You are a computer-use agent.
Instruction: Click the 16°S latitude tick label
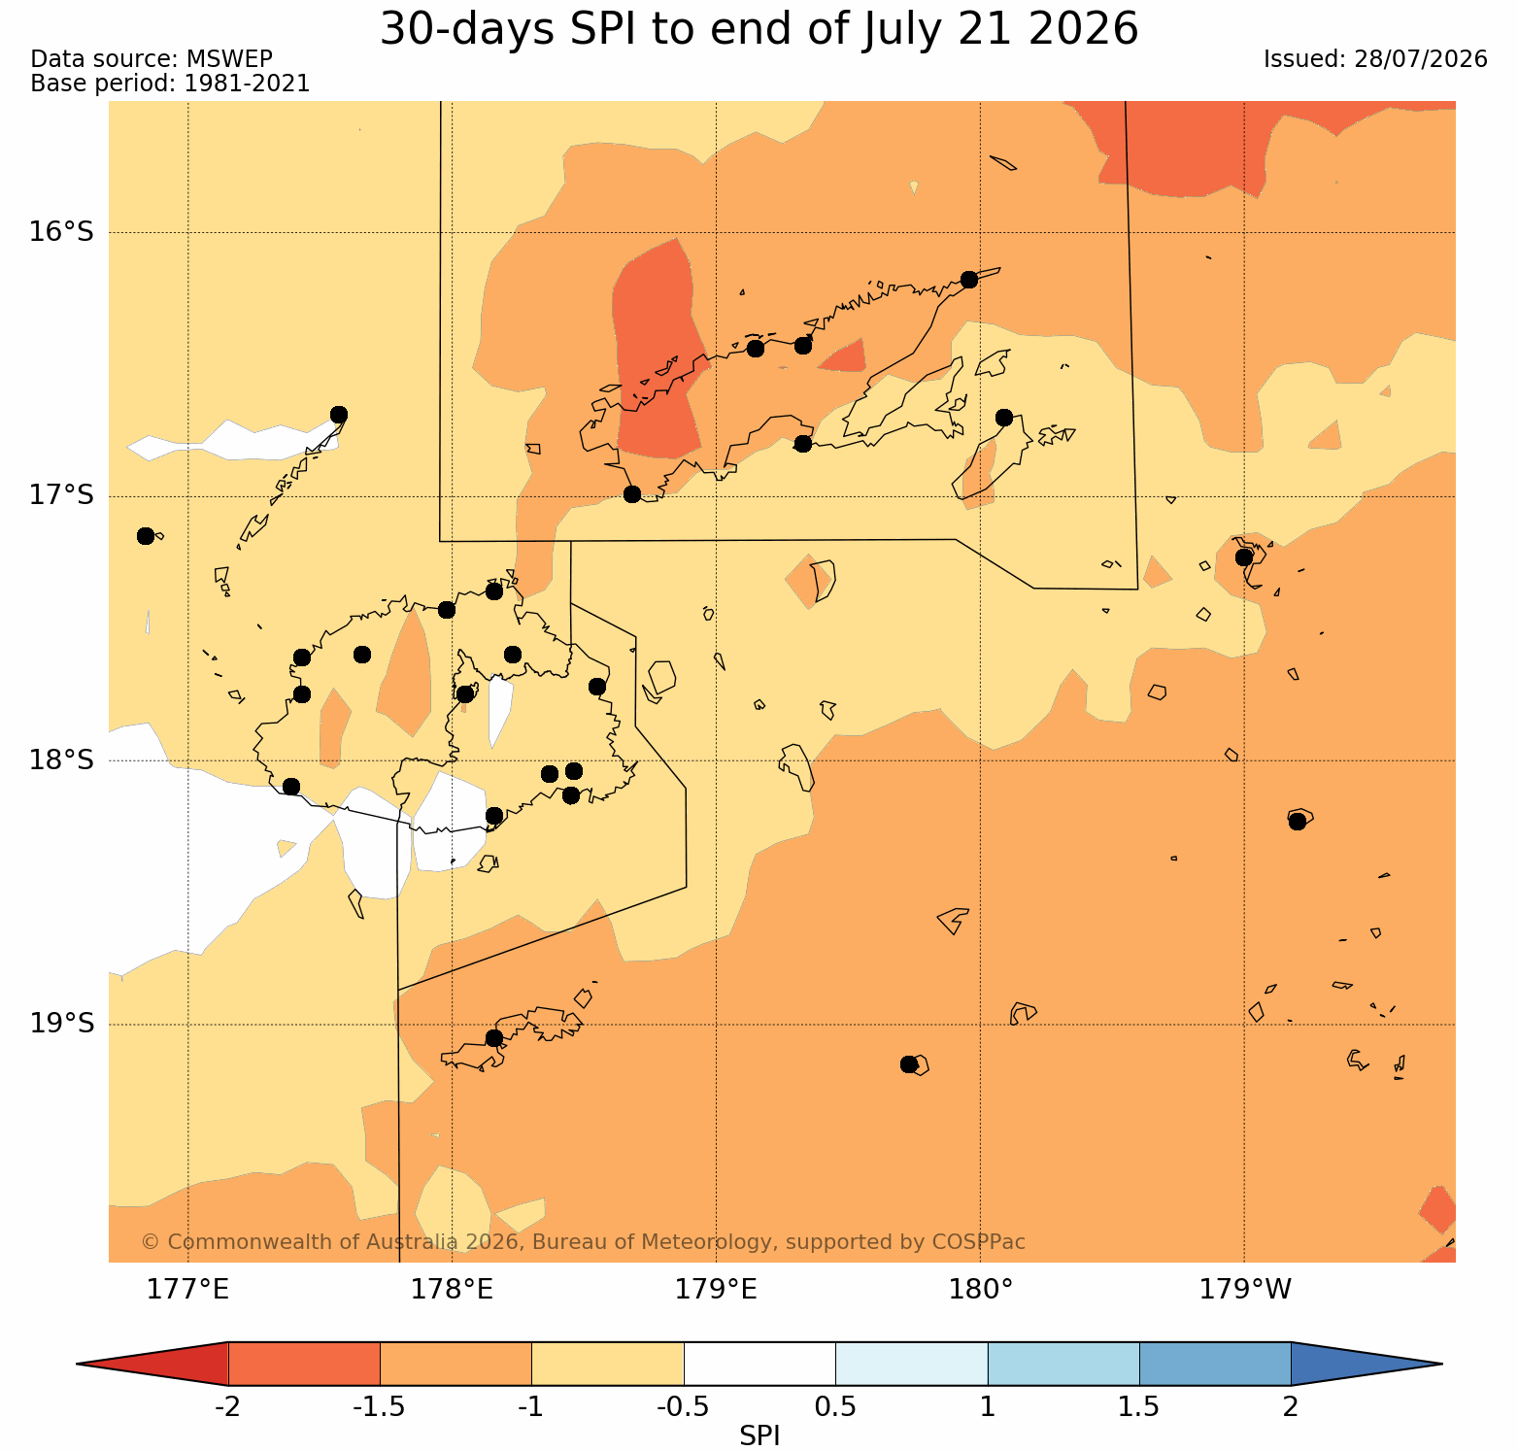(61, 232)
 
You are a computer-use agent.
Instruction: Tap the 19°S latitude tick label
(61, 1024)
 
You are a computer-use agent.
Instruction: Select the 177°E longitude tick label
(187, 1290)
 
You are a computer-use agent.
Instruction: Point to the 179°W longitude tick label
(1245, 1290)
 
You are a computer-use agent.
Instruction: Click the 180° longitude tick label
(981, 1290)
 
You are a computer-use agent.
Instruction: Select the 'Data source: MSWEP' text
(152, 59)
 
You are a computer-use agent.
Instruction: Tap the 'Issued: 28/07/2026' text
(1375, 59)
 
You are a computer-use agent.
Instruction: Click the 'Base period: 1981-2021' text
(171, 84)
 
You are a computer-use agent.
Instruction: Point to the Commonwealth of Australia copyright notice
(583, 1242)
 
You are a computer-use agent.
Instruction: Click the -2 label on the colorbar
(227, 1406)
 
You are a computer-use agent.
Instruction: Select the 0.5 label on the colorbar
(836, 1406)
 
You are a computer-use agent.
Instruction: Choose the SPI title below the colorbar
(759, 1435)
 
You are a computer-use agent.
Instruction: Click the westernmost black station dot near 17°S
(146, 536)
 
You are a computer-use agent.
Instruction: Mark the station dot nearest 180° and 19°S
(909, 1064)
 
